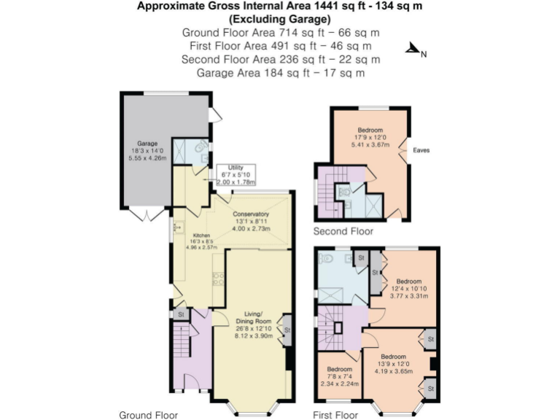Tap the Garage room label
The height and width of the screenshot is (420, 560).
(148, 144)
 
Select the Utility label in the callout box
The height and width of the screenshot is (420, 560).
(235, 168)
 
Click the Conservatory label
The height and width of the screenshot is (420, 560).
(252, 214)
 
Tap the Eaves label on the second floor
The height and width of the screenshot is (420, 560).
(421, 151)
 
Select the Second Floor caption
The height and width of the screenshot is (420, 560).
(343, 232)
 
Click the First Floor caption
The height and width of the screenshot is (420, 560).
(335, 416)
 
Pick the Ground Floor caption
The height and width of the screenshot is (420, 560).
(148, 416)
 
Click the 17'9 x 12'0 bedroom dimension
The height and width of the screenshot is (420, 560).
(370, 137)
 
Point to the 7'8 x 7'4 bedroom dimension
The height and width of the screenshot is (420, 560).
(339, 376)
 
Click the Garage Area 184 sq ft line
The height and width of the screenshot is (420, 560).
(281, 73)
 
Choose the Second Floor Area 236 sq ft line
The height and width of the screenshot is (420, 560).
(281, 59)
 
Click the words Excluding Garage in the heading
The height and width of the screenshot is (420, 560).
(281, 19)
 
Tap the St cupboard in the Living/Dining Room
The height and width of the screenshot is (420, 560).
(287, 330)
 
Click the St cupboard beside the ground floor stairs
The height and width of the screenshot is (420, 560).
(181, 314)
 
